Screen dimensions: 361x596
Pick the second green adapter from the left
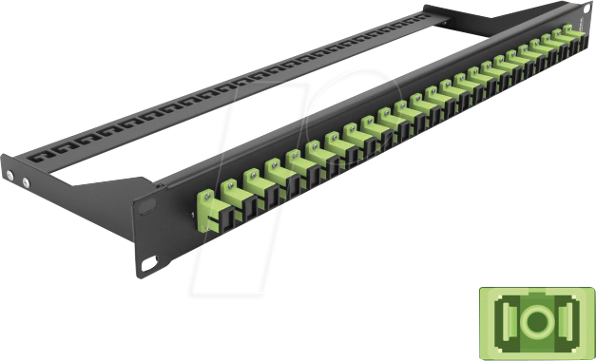coord(231,191)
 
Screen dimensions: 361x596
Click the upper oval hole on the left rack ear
coord(148,203)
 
